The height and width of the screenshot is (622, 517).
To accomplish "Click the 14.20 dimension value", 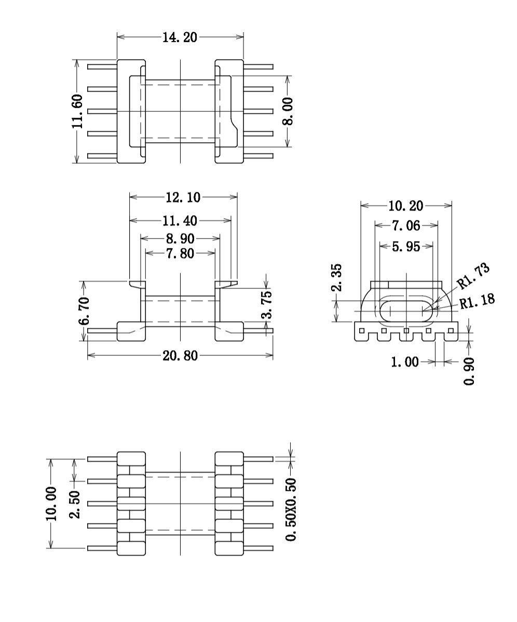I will tap(180, 37).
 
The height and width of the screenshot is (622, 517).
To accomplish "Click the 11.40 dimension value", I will tap(180, 221).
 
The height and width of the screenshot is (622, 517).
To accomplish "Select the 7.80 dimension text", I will tap(180, 254).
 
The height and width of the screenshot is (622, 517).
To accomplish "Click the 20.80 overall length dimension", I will tap(180, 356).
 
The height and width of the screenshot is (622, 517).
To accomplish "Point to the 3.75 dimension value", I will tap(266, 305).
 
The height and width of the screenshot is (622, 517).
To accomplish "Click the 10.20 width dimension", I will tap(405, 206).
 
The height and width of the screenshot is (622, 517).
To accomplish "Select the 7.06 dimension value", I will tap(405, 226).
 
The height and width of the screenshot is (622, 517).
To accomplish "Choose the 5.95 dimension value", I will tap(405, 246).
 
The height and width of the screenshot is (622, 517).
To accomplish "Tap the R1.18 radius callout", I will tap(477, 301).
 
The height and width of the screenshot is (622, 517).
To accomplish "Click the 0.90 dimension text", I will tap(470, 371).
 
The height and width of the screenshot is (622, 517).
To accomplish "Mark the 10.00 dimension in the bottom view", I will tap(51, 503).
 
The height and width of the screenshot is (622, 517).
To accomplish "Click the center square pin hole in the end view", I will tap(406, 331).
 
